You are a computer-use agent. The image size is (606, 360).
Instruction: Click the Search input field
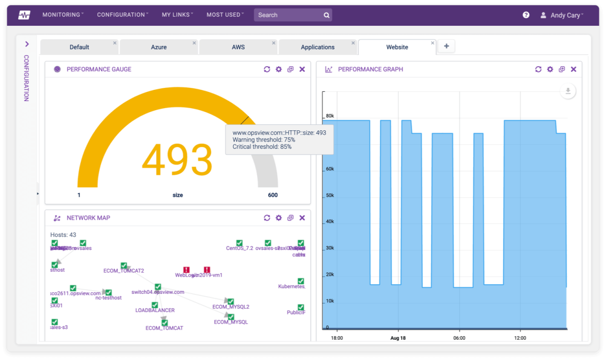[288, 15]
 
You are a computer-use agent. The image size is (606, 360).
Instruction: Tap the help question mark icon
[526, 15]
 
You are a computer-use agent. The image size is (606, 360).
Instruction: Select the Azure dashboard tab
[159, 47]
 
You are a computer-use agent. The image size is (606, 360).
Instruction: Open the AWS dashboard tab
[238, 47]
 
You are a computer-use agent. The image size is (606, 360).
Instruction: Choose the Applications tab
[318, 47]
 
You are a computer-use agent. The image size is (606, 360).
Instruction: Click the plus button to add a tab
[446, 46]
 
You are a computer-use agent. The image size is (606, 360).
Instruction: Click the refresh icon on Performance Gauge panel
[267, 69]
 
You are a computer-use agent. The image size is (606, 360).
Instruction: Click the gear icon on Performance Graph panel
[550, 69]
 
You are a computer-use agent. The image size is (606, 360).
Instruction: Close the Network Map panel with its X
[302, 218]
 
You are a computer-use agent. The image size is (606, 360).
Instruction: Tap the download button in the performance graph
[568, 91]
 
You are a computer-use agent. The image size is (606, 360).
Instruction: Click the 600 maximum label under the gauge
[272, 195]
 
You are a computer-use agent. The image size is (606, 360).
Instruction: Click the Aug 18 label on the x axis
[398, 338]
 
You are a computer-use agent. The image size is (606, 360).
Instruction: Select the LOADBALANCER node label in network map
[155, 310]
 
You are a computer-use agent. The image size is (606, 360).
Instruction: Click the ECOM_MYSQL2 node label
[231, 306]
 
